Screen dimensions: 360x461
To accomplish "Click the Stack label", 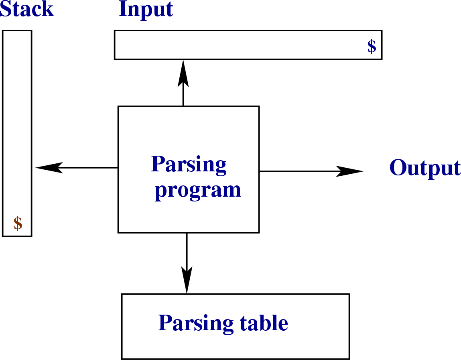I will coord(26,9).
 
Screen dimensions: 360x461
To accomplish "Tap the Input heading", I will coord(146,10).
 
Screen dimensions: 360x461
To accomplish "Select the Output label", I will coord(425,168).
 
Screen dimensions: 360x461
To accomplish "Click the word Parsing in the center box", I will coord(189,165).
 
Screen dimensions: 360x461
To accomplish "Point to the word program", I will coord(198,190).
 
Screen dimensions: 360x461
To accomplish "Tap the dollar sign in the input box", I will coord(372,47).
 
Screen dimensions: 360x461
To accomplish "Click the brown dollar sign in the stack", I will coord(18,223).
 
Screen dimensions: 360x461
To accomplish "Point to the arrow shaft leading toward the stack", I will coord(90,167).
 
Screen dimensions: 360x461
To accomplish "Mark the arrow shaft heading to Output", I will coord(297,171).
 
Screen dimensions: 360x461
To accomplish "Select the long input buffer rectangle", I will coord(241,45).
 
